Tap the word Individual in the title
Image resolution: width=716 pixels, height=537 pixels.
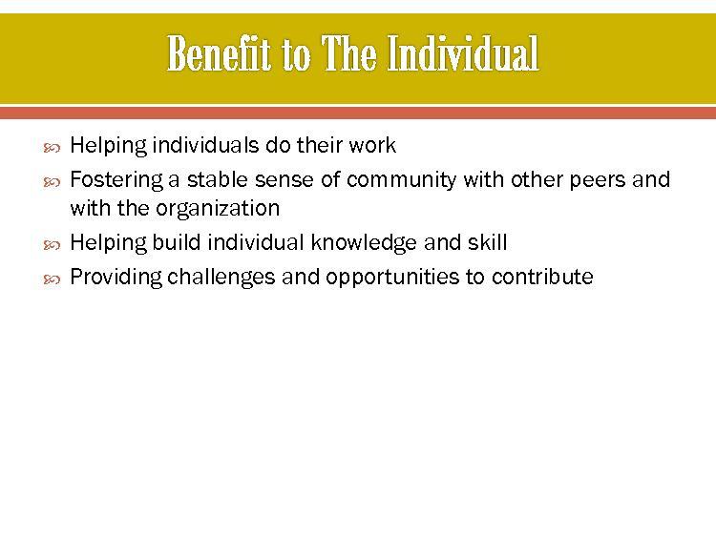463,53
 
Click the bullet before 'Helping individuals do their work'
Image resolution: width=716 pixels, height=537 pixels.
52,148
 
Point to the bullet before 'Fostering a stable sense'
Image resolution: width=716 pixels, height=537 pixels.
52,182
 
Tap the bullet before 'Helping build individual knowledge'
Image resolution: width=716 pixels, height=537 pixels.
52,245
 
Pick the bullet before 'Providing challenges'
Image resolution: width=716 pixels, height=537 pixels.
52,279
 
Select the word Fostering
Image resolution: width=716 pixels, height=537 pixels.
116,180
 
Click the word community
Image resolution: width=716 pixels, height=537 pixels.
401,180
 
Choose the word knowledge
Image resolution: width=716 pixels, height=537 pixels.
364,243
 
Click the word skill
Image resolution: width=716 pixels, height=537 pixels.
487,242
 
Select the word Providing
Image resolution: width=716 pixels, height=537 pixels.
116,278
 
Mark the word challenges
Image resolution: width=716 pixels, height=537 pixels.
221,278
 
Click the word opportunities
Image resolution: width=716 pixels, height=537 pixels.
392,278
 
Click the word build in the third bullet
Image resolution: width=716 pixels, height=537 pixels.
177,242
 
